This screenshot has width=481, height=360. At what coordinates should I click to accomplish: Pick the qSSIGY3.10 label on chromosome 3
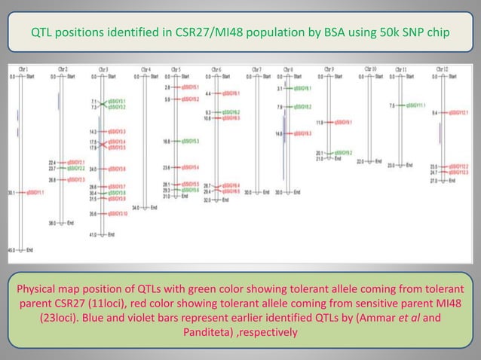click(116, 214)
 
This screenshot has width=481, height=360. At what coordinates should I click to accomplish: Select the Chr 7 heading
click(256, 69)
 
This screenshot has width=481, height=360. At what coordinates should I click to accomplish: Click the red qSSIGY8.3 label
click(303, 133)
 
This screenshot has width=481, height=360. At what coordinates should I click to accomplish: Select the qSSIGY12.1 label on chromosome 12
click(459, 113)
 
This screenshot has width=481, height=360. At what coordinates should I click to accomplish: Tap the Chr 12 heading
click(443, 69)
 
